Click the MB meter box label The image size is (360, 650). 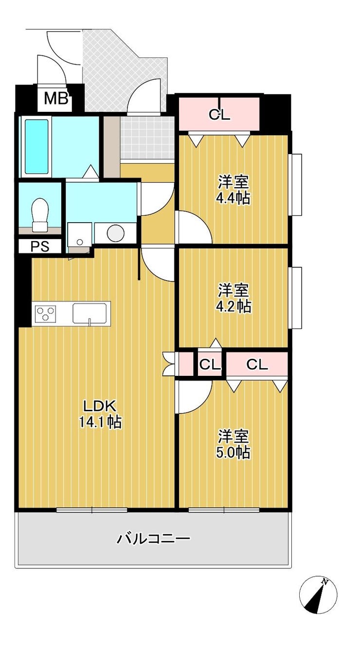(56, 99)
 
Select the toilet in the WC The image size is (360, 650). (40, 215)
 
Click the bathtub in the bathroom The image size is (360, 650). (36, 147)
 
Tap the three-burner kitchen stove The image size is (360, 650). (45, 314)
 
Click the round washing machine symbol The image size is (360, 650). (116, 233)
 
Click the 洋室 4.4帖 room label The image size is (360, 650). (233, 191)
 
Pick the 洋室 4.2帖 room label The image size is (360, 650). (234, 299)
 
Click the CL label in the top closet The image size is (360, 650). (220, 115)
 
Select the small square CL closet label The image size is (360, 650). (210, 365)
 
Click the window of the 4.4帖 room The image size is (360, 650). (296, 185)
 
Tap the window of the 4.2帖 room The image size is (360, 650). (296, 298)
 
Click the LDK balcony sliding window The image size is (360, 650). (92, 510)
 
